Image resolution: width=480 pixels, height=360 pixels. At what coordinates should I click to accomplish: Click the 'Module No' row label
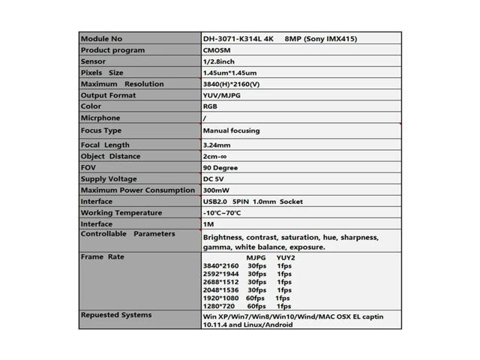pos(101,39)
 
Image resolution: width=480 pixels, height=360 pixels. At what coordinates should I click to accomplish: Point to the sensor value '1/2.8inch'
pos(219,61)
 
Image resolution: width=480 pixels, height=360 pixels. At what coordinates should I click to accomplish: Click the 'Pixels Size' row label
pos(102,73)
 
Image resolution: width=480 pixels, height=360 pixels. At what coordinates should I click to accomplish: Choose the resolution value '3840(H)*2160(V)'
pos(232,84)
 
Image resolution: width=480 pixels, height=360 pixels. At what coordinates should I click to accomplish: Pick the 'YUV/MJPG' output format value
pos(222,95)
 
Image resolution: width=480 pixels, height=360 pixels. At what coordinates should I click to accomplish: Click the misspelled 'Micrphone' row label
pos(100,118)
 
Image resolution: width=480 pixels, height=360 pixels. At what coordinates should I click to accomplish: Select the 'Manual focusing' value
pos(231,130)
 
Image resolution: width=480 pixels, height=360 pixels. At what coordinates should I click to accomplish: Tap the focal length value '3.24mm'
pos(217,145)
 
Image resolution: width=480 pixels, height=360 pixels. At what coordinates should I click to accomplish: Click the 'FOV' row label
pos(88,167)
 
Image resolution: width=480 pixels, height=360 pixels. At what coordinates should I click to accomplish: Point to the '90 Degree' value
pos(220,168)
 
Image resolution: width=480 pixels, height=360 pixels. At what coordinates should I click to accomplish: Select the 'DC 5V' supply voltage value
pos(214,179)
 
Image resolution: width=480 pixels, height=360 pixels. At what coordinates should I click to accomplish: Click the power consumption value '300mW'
pos(216,190)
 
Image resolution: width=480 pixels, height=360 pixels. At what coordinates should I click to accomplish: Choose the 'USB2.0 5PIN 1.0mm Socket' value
pos(253,202)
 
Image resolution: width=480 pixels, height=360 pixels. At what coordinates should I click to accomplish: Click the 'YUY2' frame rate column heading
pos(286,257)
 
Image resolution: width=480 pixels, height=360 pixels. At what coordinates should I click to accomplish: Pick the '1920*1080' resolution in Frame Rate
pos(220,298)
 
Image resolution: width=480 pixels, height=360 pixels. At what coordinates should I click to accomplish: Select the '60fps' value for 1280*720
pos(256,307)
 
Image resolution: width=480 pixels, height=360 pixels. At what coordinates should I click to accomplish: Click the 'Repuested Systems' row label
pos(115,315)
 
